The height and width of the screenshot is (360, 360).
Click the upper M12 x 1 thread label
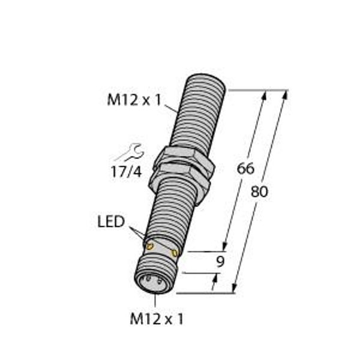click(x=134, y=101)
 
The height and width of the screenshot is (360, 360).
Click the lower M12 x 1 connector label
click(x=157, y=319)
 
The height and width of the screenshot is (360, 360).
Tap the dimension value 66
click(x=245, y=168)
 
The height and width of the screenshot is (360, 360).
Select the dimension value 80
click(x=259, y=192)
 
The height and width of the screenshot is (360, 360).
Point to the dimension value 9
click(x=220, y=262)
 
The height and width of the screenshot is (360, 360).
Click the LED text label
click(x=111, y=222)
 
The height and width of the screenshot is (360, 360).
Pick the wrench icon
click(x=130, y=152)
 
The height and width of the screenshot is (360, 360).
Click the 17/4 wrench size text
click(x=126, y=172)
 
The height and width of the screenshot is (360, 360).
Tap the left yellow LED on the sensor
click(x=150, y=247)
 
